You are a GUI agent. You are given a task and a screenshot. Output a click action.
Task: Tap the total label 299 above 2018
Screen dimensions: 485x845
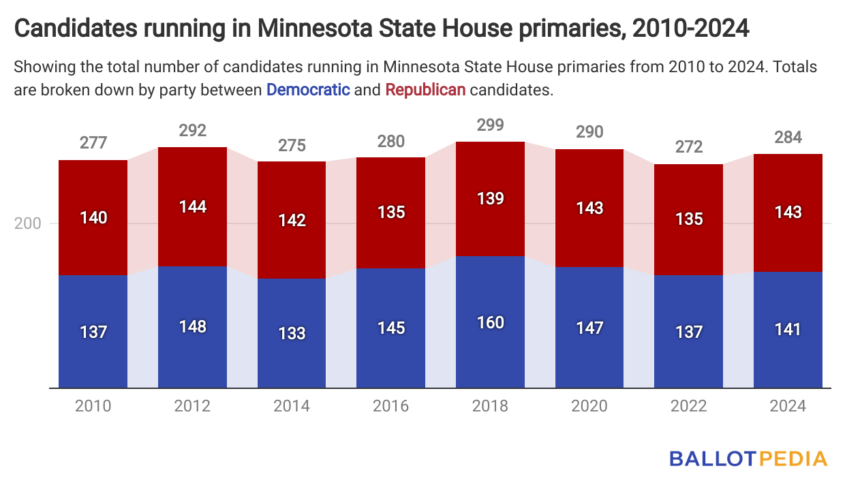coord(490,125)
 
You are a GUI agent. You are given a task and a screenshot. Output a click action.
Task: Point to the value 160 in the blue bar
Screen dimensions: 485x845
coord(490,322)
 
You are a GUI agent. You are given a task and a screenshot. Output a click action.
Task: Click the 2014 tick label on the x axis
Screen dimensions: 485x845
coord(292,406)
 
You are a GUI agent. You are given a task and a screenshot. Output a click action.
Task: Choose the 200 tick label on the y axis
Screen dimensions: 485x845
coord(27,224)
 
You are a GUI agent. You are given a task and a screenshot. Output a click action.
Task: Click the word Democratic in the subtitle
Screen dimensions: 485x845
coord(308,89)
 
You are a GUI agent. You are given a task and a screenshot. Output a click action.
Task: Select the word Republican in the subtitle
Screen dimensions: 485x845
coord(425,89)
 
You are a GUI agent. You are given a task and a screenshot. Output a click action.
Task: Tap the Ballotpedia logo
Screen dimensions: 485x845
coord(748,458)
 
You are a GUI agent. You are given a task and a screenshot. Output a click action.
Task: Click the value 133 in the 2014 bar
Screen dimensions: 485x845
coord(292,333)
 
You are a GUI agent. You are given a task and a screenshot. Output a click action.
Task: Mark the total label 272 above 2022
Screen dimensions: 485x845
coord(688,147)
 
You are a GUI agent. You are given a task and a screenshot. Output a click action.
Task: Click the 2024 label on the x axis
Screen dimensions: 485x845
coord(788,406)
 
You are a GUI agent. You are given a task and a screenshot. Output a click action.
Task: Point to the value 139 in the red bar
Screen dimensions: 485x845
coord(490,199)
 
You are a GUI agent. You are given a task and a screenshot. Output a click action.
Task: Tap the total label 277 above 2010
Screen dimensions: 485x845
coord(93,143)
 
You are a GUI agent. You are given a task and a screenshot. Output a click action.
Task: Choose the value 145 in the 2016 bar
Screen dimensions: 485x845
coord(390,328)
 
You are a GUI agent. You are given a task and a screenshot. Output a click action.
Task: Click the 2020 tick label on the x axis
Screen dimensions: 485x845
coord(589,406)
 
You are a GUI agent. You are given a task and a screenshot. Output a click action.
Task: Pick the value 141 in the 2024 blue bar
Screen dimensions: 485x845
coord(788,330)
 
